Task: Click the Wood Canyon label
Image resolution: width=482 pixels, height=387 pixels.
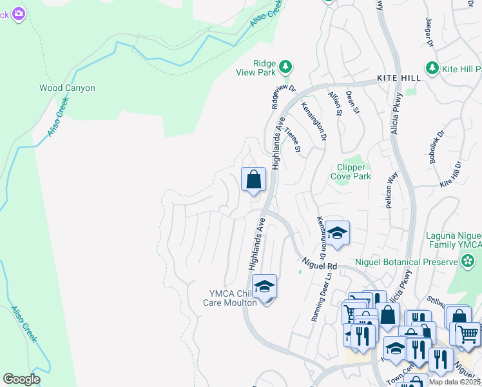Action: pos(67,88)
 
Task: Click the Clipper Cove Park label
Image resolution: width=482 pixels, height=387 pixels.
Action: pos(351,172)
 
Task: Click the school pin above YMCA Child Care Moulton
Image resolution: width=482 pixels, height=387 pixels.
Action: pos(264,287)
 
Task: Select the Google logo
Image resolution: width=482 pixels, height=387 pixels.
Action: pos(21,379)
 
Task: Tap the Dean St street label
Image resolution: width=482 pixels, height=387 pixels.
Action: pos(352,102)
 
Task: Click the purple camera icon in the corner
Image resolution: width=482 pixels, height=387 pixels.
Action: pos(19,13)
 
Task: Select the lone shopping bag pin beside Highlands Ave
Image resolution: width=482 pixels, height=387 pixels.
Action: pos(253,179)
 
